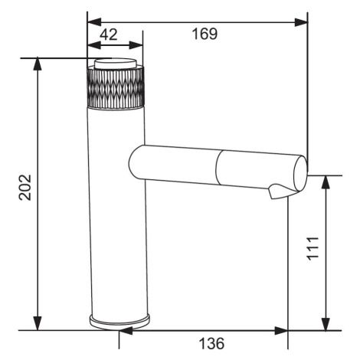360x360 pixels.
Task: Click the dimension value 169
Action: [x=205, y=34]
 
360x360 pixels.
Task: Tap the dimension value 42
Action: [x=109, y=34]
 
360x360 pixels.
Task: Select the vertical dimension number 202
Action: [x=25, y=187]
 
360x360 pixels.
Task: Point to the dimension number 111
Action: [x=313, y=249]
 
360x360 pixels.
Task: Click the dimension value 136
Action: [x=211, y=343]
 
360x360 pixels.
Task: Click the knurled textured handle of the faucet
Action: [x=116, y=88]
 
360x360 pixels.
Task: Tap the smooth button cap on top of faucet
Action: [x=116, y=63]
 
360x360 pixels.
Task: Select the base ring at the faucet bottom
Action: [x=119, y=322]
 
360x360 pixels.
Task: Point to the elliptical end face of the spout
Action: [x=300, y=173]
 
